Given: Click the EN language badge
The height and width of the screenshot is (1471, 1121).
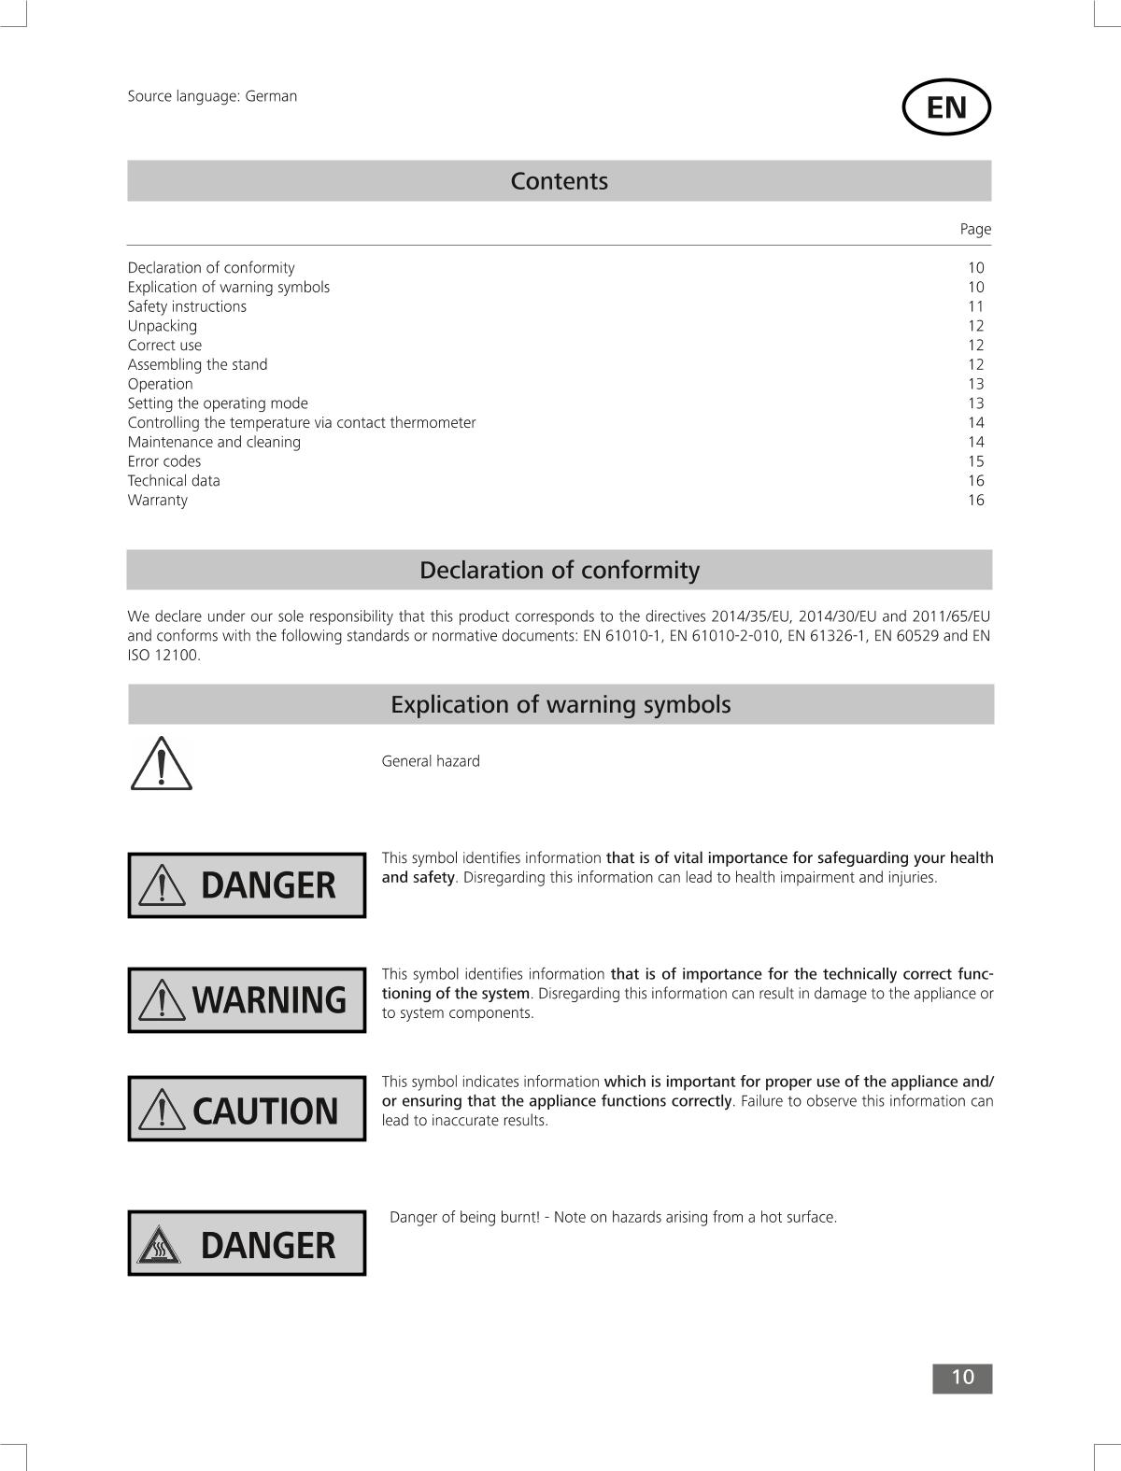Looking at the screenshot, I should tap(945, 107).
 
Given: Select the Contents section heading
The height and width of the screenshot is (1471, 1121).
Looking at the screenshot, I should tap(559, 181).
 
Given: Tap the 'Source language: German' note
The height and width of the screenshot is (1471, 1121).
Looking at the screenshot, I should tap(212, 96).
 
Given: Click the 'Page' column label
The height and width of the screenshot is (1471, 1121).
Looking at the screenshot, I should tap(975, 229).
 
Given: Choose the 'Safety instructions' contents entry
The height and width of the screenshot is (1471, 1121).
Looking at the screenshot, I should tap(187, 306).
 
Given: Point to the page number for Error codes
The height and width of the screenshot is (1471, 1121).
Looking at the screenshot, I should tap(975, 461).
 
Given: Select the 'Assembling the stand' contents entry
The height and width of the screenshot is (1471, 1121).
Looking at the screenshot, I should tap(197, 364).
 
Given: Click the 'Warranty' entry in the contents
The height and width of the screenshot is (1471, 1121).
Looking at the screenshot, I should tap(157, 500).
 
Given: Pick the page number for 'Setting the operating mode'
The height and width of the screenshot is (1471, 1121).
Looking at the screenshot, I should tap(975, 403).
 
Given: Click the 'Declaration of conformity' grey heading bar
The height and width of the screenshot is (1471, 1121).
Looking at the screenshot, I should tap(559, 570).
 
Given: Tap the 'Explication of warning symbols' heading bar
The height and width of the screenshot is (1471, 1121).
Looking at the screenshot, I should tap(560, 704).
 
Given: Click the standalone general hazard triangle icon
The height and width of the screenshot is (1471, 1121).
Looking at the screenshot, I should tap(161, 764).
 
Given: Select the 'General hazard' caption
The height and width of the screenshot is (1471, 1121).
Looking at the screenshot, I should tap(431, 761).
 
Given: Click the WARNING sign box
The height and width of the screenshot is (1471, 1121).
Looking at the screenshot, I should tap(247, 999).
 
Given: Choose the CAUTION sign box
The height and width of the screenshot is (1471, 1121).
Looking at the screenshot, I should tap(247, 1109).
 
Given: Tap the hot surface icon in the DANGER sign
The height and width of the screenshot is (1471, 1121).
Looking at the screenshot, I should tap(159, 1246).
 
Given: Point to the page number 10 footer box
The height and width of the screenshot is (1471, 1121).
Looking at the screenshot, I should tap(961, 1378).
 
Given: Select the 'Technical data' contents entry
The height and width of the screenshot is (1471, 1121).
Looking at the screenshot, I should tap(174, 481).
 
